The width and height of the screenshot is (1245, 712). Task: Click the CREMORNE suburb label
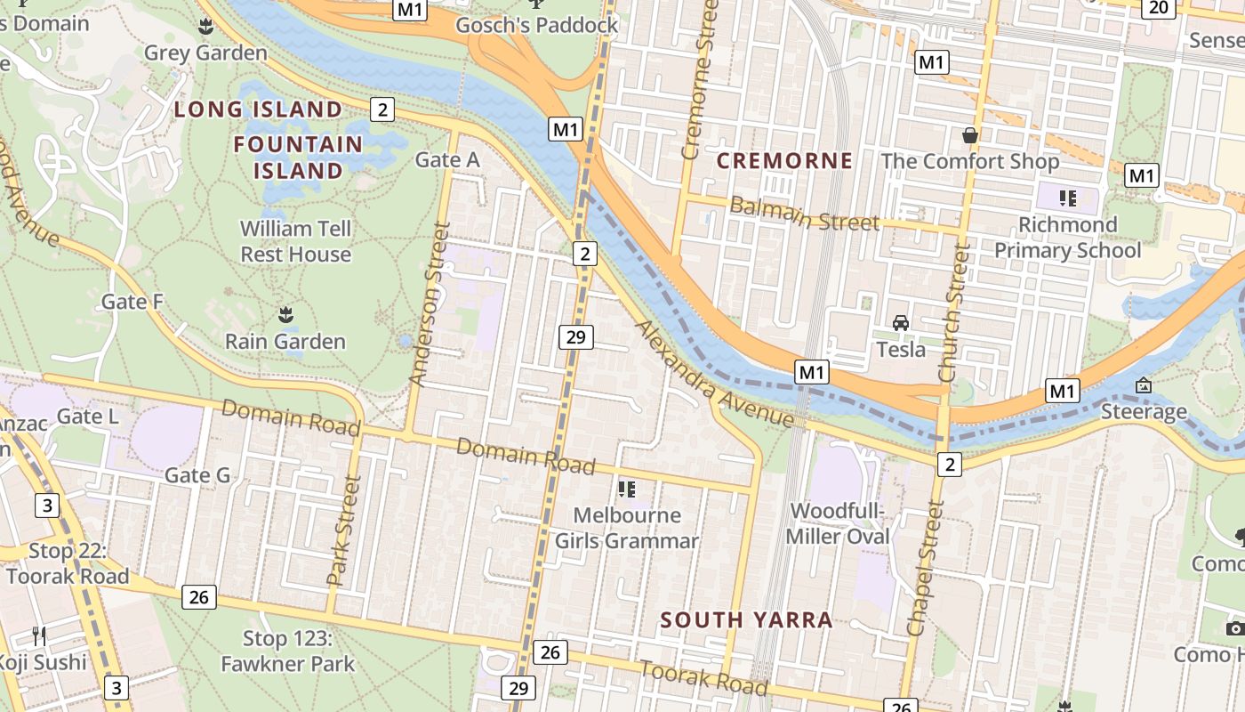pyautogui.click(x=784, y=161)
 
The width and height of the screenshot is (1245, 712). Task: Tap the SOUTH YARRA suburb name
pyautogui.click(x=746, y=620)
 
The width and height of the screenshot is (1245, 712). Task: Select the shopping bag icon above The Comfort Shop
pyautogui.click(x=969, y=136)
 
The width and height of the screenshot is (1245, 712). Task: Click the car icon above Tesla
pyautogui.click(x=900, y=323)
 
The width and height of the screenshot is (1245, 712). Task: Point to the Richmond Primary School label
pyautogui.click(x=1067, y=238)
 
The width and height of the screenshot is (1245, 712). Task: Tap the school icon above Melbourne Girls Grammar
pyautogui.click(x=627, y=489)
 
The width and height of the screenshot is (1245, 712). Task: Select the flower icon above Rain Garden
pyautogui.click(x=285, y=315)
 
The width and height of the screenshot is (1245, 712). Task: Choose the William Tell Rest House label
pyautogui.click(x=295, y=241)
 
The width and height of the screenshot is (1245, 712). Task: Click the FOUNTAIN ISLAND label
pyautogui.click(x=298, y=158)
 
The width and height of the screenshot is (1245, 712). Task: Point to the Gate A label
pyautogui.click(x=447, y=160)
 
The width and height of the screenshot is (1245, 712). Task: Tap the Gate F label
pyautogui.click(x=133, y=302)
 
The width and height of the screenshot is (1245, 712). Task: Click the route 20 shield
pyautogui.click(x=1158, y=8)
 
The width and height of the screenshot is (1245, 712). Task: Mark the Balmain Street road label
pyautogui.click(x=804, y=214)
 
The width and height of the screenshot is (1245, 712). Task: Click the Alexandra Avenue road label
pyautogui.click(x=714, y=374)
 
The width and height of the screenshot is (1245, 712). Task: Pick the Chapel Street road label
pyautogui.click(x=924, y=568)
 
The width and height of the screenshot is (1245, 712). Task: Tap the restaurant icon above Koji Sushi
pyautogui.click(x=39, y=635)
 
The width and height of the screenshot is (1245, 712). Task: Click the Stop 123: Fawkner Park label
pyautogui.click(x=287, y=651)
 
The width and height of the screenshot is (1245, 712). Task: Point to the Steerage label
pyautogui.click(x=1144, y=412)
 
